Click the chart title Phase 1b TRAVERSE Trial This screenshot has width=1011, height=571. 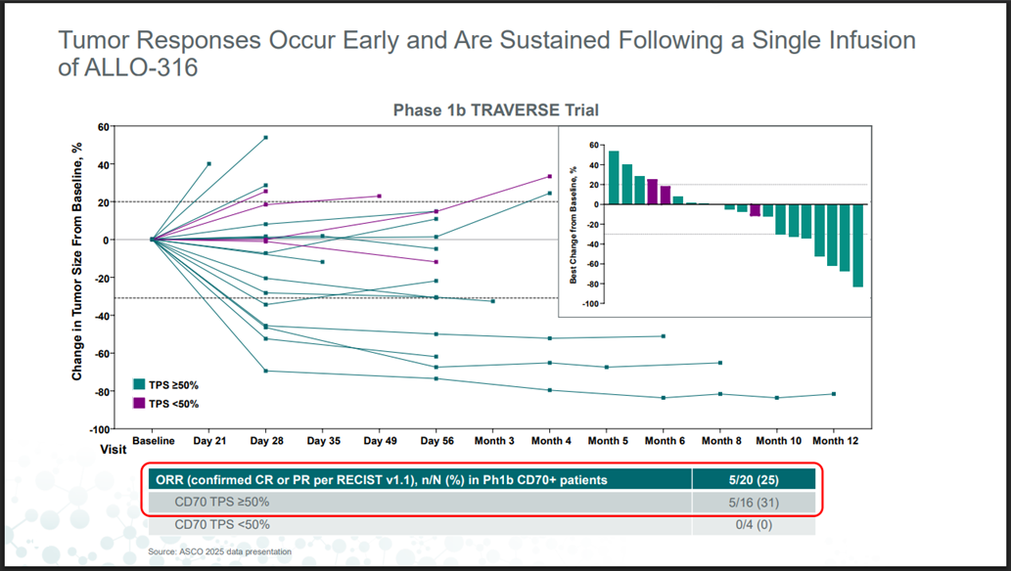495,110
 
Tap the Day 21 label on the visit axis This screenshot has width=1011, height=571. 208,441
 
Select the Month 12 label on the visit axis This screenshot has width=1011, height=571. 836,441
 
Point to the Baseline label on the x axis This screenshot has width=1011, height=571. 153,441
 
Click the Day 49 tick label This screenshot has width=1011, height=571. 379,441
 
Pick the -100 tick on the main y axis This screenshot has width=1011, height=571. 99,428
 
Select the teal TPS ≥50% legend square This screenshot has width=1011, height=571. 138,384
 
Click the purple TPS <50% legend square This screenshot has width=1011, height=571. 138,403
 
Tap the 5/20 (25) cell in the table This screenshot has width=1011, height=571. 753,479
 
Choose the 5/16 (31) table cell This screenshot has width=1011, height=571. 753,502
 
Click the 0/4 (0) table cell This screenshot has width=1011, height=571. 753,524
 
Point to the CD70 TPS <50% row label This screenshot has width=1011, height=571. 221,524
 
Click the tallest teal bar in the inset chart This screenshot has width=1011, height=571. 614,177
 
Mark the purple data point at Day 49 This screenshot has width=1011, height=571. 380,197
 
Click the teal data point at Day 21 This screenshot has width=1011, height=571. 208,163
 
